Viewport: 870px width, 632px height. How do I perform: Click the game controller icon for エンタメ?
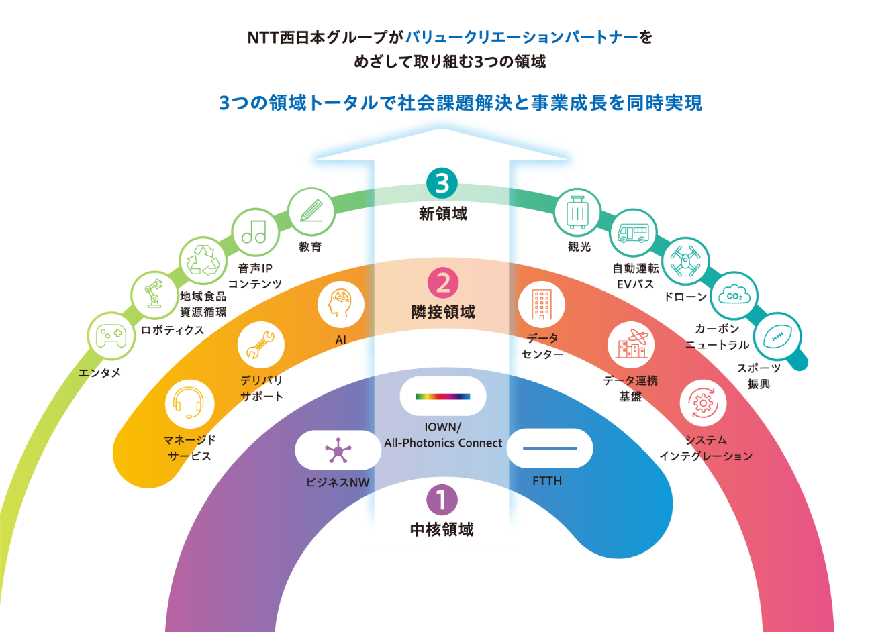(111, 335)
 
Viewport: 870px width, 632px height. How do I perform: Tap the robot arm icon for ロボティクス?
(154, 295)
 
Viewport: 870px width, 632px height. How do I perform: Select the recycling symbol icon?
(203, 260)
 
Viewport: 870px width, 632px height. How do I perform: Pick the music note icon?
(254, 232)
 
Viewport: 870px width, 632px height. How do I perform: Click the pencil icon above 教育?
(311, 211)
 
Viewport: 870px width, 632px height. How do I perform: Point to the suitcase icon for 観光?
(577, 211)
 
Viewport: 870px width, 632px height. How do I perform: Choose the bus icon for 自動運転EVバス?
(633, 232)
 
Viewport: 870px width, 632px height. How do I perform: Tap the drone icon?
(685, 260)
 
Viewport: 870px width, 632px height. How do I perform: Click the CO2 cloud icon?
(734, 295)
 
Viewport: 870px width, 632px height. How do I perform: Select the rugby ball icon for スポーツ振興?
(778, 336)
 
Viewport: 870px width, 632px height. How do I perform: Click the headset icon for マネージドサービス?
(189, 403)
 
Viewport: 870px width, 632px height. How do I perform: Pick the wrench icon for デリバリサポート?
(261, 345)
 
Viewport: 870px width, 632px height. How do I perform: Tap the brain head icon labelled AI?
(340, 304)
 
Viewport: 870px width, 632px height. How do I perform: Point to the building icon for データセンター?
(541, 304)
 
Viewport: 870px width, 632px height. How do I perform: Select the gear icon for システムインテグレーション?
(703, 403)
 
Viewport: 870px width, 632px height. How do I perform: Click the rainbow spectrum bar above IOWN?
(443, 396)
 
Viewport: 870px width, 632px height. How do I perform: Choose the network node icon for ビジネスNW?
(338, 451)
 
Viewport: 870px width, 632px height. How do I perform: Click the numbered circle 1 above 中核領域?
(442, 500)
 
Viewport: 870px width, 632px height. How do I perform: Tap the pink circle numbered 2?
(443, 282)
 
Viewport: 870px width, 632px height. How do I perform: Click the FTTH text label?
(547, 481)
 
